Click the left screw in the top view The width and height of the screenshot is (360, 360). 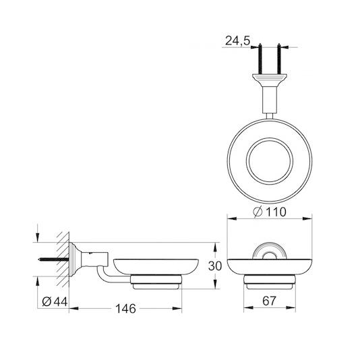point(260,61)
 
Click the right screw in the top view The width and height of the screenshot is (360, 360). point(278,61)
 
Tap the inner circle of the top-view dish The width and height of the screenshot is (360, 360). point(269,162)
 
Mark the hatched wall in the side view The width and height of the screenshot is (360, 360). point(64,257)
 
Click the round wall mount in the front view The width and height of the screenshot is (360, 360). point(270,253)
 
